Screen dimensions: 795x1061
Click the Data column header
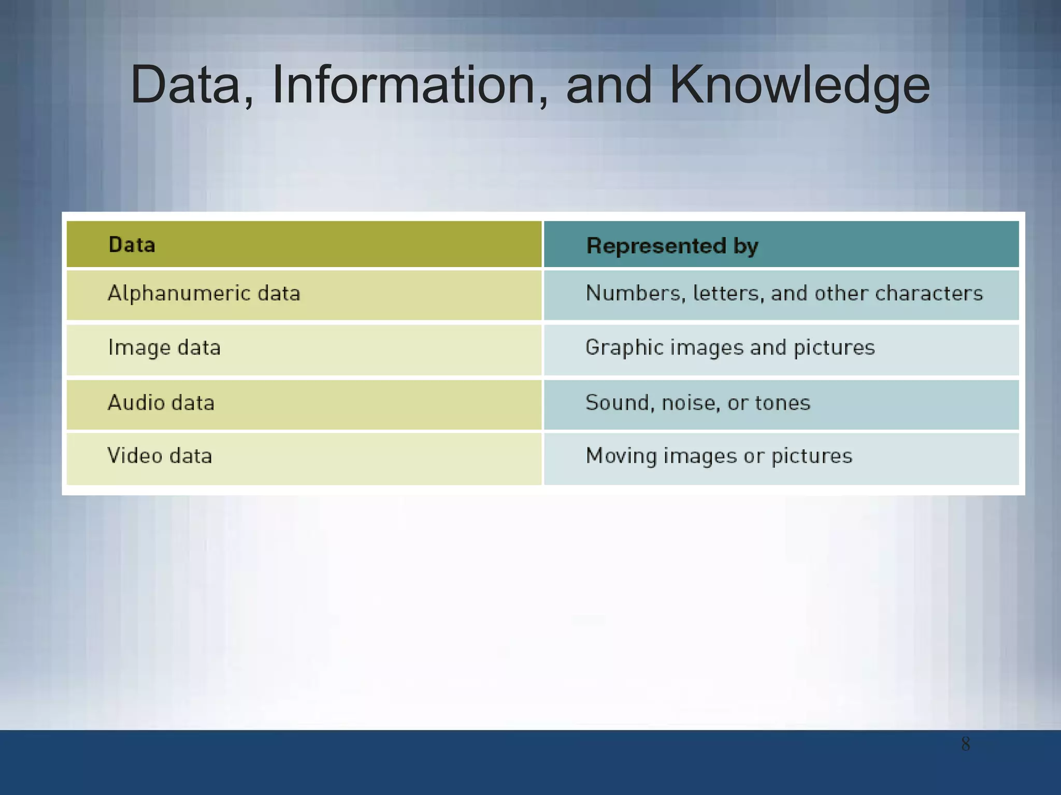click(132, 245)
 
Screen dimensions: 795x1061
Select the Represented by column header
click(672, 246)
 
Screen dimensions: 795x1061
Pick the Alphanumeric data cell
click(204, 294)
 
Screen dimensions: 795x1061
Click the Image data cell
click(164, 348)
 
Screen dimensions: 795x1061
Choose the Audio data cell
click(161, 403)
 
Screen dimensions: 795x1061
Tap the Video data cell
click(160, 456)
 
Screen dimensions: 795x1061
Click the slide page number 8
click(965, 744)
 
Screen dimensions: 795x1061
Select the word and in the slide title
click(608, 85)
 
